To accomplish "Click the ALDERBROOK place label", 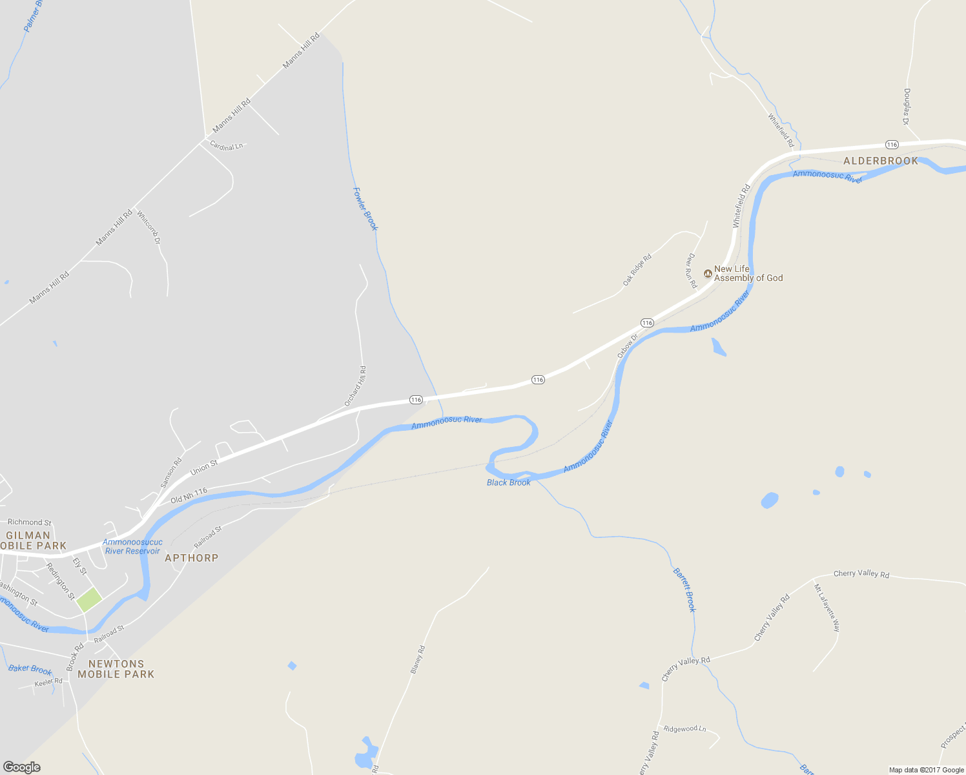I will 880,161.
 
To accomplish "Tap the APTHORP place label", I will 191,558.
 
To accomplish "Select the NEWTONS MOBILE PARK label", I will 116,669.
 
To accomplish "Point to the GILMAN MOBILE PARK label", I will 32,541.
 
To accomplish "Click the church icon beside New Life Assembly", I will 708,274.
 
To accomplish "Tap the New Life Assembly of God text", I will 748,274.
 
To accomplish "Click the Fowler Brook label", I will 365,209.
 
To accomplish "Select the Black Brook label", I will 509,482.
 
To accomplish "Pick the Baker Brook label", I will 30,669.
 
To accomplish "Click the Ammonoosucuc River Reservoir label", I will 132,546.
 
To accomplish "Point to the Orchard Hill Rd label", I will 355,386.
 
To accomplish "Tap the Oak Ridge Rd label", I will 637,270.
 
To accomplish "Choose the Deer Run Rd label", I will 691,271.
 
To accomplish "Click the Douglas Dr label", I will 907,107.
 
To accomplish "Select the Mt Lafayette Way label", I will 827,608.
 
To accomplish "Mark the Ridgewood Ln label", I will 684,728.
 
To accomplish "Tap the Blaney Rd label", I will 418,660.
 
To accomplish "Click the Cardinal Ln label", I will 227,147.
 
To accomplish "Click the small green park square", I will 89,599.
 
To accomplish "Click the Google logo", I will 21,767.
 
